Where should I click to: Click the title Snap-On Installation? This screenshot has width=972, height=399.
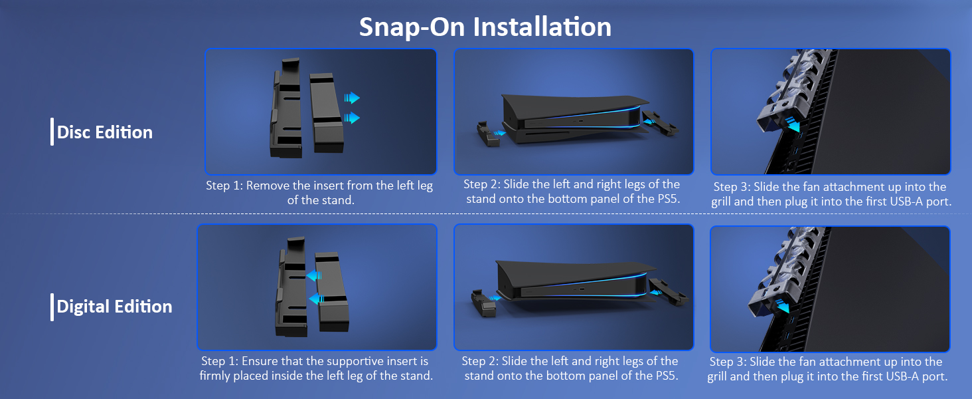pos(485,27)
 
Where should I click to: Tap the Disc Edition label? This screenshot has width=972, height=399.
pos(105,132)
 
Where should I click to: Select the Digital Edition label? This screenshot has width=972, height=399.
pos(114,307)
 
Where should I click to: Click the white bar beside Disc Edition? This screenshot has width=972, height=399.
pos(52,132)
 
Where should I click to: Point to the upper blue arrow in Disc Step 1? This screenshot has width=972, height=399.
pos(352,98)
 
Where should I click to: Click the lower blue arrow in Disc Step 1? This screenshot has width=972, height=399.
pos(352,118)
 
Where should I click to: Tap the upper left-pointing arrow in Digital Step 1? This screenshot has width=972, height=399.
pos(314,275)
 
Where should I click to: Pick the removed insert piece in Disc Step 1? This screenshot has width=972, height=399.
pos(326,112)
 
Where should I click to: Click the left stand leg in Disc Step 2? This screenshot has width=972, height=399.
pos(487,134)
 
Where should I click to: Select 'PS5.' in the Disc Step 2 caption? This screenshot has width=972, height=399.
pos(669,199)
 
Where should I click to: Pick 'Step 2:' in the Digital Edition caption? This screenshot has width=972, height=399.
pos(480,361)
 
